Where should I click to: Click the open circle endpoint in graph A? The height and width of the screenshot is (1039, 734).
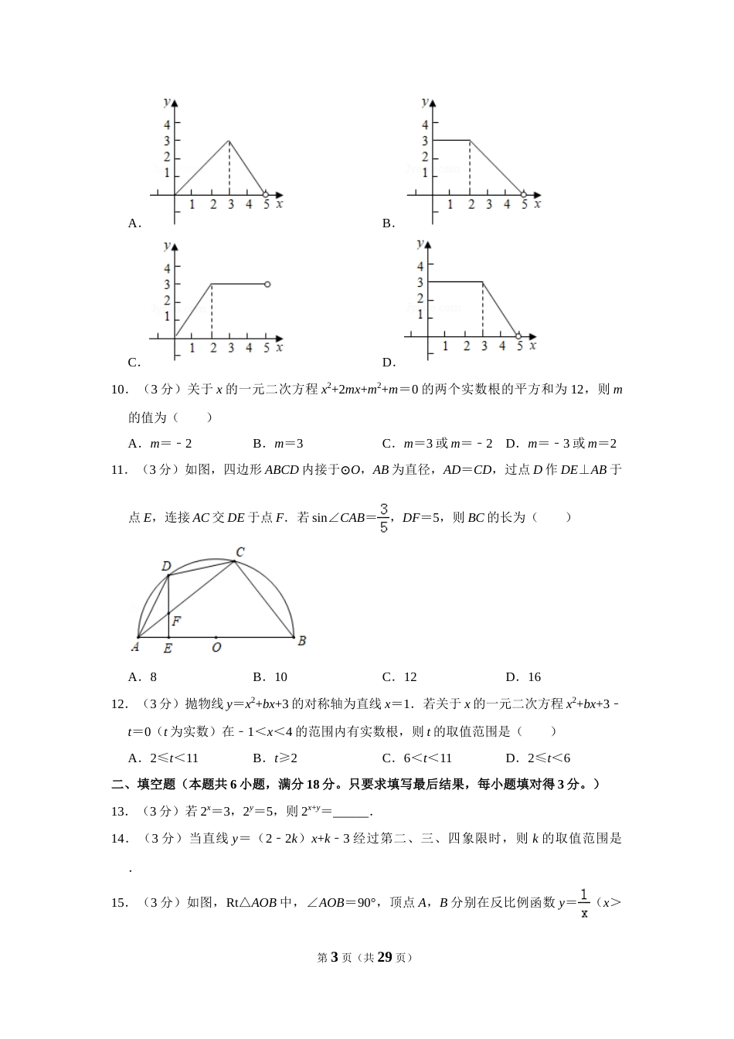coord(265,194)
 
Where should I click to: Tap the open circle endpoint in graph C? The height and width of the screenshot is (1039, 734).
coord(267,284)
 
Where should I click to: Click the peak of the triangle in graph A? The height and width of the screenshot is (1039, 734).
coord(229,141)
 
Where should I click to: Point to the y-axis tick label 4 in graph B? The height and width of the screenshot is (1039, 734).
coord(424,124)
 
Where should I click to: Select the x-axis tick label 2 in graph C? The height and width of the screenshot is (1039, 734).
coord(213,348)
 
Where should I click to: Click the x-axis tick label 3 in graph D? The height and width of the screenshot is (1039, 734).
coord(484,346)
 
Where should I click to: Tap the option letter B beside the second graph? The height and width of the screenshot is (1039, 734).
coord(388,223)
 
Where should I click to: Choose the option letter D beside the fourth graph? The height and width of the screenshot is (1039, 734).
coord(388,363)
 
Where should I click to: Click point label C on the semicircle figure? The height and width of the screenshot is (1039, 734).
coord(240,552)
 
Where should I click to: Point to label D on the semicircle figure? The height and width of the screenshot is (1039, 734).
coord(165,567)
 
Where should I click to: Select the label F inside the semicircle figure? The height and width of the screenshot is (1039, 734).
coord(177,620)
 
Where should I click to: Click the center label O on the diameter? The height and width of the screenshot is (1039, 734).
coord(216,647)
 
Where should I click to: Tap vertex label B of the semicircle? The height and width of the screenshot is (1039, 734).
coord(302,640)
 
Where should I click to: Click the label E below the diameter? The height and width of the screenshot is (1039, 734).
coord(168,649)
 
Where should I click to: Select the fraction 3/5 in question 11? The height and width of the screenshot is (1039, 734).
coord(384,519)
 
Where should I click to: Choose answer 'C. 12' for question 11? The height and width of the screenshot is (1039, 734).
coord(399,677)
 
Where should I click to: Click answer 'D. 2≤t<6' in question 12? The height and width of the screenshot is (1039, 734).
coord(538,758)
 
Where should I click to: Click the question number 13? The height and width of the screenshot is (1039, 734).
coord(119,812)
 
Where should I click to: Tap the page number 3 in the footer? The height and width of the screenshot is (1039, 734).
coord(335,957)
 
